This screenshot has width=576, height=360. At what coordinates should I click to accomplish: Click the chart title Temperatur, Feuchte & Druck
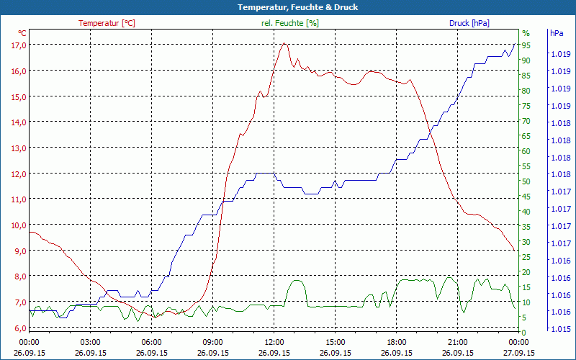pos(287,7)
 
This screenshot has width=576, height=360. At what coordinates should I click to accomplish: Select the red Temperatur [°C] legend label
pos(107,23)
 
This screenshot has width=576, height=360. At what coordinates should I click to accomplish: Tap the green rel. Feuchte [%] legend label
pos(289,23)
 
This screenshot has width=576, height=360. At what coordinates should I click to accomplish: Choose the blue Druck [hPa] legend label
pos(469,23)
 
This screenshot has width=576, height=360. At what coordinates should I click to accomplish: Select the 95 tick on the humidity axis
pos(526,45)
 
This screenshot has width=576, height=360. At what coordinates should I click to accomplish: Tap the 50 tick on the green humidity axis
pos(526,181)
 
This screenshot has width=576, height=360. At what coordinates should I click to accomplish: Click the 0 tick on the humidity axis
pos(524,333)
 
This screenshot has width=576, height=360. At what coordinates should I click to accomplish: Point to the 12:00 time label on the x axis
pos(274,342)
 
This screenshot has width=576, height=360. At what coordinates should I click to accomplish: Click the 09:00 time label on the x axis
pos(213,342)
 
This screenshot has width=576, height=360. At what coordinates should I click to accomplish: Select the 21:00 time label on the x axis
pos(458,342)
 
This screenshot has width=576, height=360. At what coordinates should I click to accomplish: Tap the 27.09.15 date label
pos(519,353)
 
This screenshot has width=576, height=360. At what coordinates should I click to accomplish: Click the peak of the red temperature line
pos(285,44)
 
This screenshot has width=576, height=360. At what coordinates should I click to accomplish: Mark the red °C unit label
pos(22,33)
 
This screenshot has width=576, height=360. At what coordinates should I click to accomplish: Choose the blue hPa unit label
pos(557,33)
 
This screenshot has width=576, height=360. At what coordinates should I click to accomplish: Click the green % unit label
pos(526,33)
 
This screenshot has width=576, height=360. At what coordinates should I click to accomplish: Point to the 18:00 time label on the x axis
pos(397,342)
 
